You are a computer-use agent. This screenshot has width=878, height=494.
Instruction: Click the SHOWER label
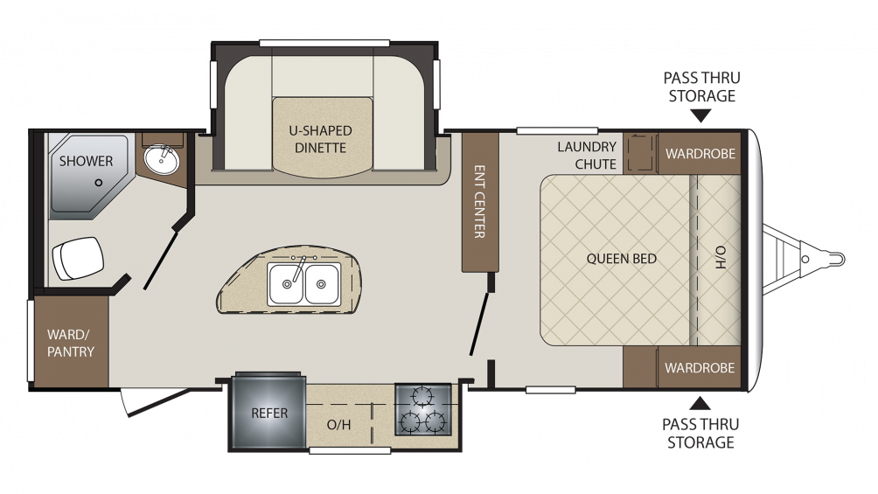click(x=86, y=161)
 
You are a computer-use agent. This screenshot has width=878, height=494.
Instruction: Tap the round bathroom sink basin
click(x=162, y=160)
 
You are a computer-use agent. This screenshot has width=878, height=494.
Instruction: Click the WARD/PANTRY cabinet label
click(x=71, y=343)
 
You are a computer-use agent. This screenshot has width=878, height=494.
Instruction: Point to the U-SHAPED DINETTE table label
click(x=321, y=139)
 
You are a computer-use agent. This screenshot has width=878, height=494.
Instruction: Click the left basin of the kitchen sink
click(x=286, y=283)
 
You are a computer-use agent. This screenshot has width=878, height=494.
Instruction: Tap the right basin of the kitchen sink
click(x=322, y=283)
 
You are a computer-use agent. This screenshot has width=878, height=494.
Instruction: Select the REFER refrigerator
click(x=268, y=414)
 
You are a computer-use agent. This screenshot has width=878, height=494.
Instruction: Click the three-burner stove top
click(x=422, y=409)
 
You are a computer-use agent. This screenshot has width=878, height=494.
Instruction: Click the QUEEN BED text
click(x=621, y=259)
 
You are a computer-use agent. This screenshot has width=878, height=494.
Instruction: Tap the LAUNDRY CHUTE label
click(x=587, y=155)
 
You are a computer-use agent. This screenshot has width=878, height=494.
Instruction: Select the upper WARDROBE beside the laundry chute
click(x=700, y=154)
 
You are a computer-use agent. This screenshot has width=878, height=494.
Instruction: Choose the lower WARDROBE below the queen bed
click(x=700, y=368)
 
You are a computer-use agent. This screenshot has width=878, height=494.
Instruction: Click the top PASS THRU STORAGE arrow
click(x=700, y=115)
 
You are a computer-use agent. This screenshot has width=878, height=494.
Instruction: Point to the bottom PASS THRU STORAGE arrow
click(x=700, y=404)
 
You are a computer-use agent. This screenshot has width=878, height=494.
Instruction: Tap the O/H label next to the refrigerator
click(x=338, y=424)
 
